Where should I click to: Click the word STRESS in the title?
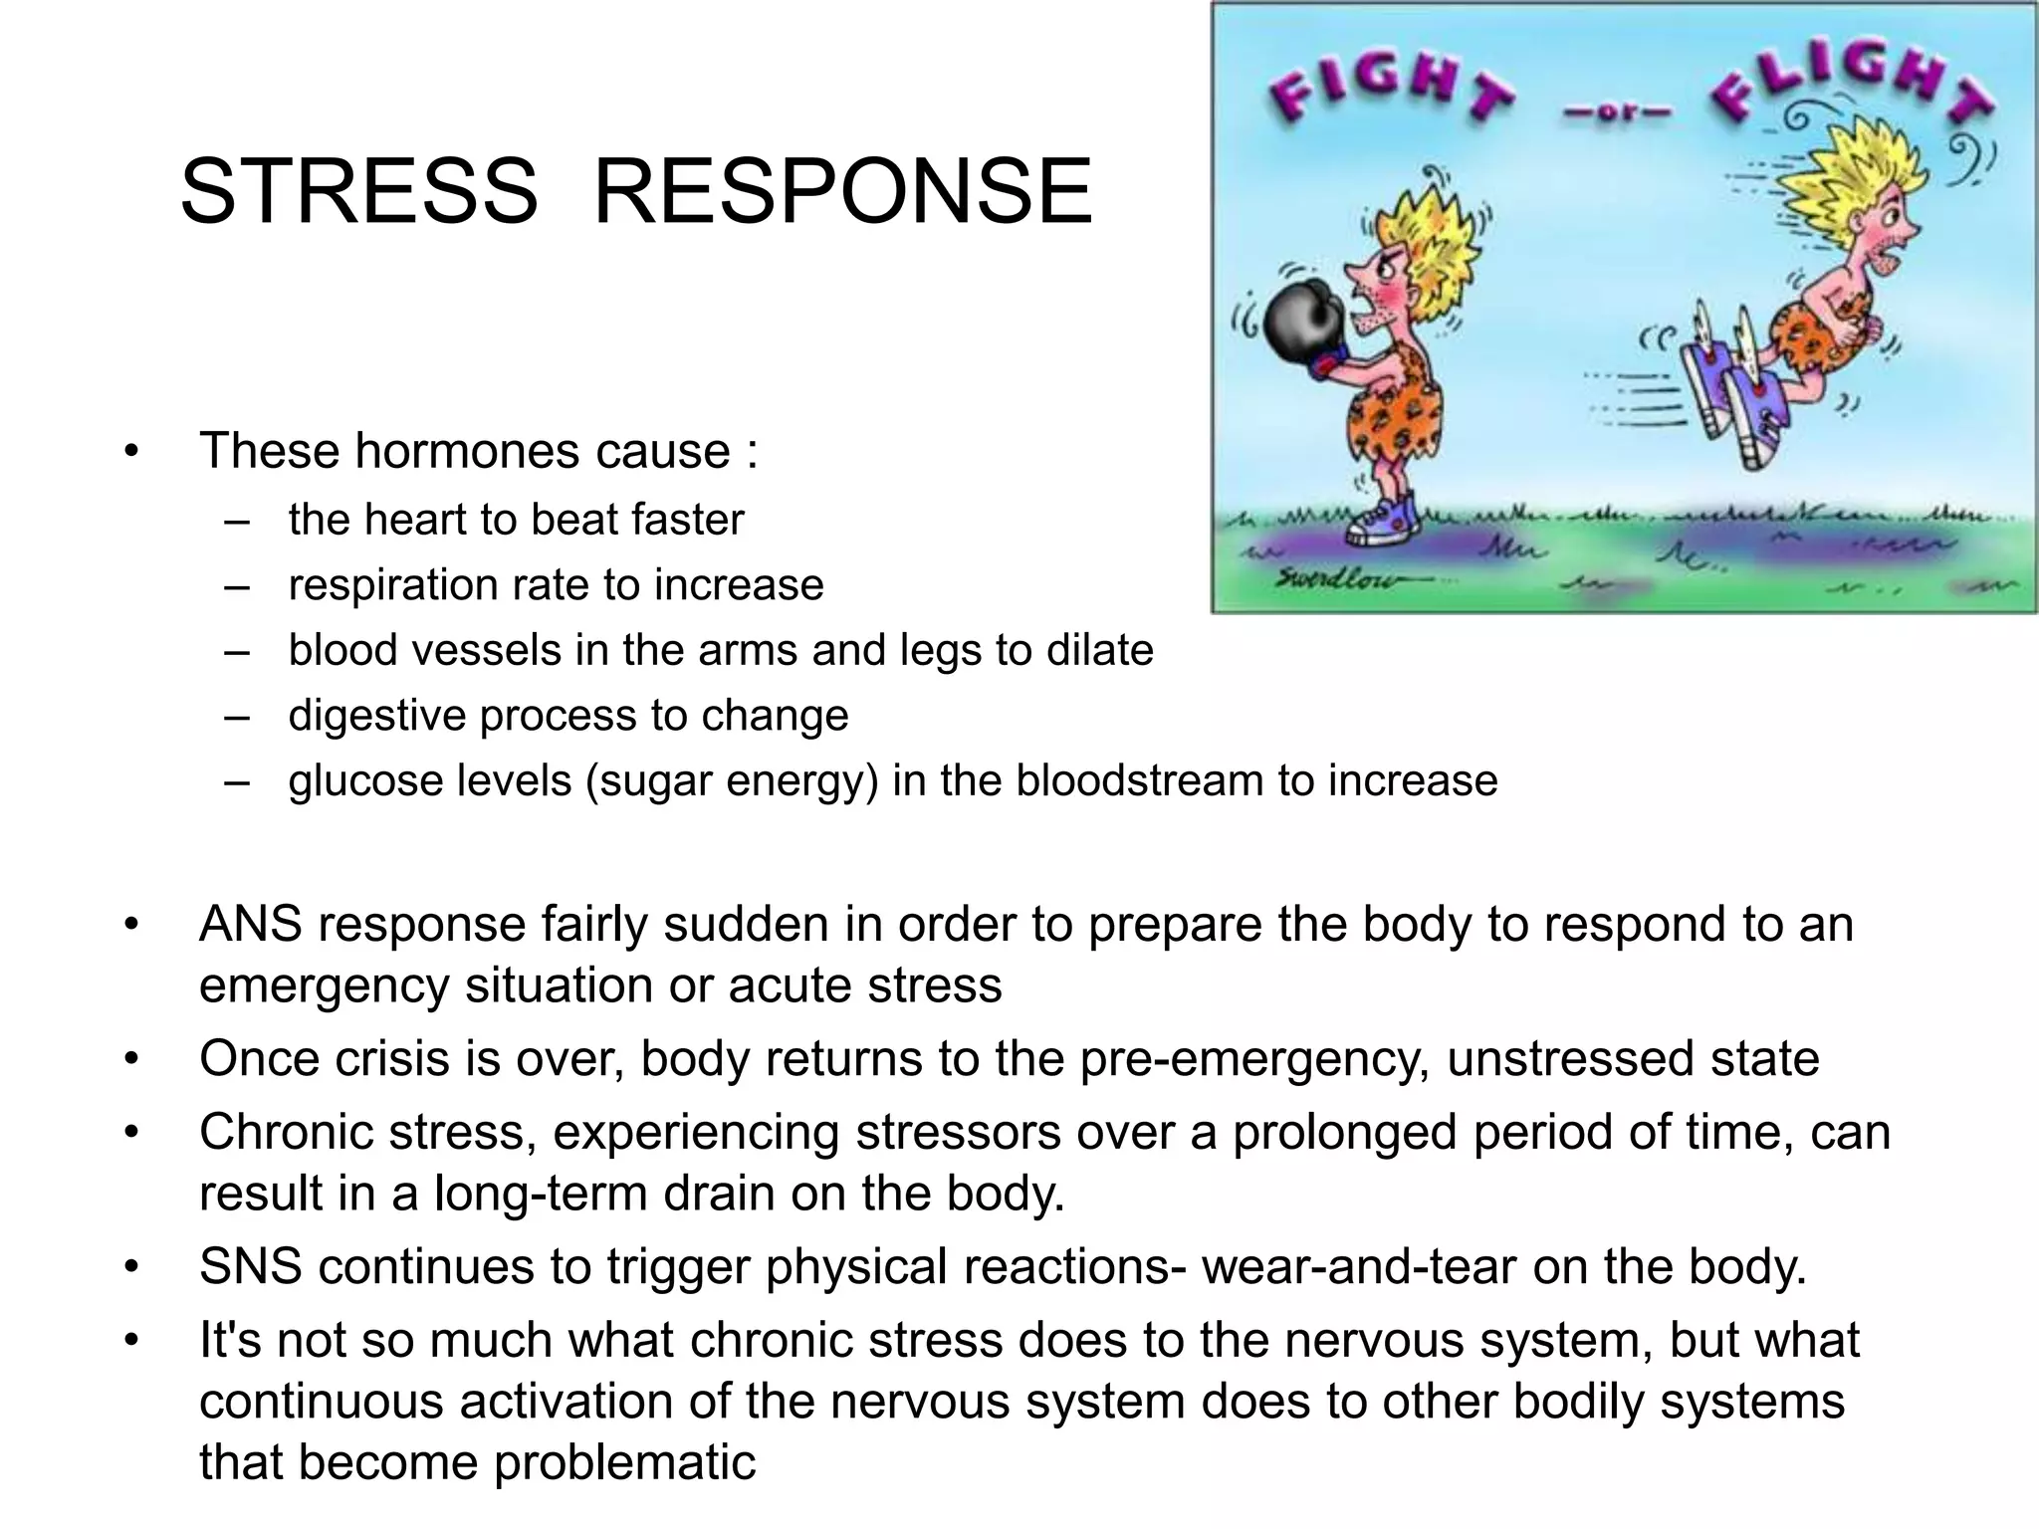point(359,191)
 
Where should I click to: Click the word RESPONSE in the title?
point(842,191)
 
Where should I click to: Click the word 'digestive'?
point(376,716)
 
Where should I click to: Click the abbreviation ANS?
point(251,925)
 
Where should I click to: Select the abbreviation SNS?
point(251,1266)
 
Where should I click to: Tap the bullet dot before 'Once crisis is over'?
point(130,1059)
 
